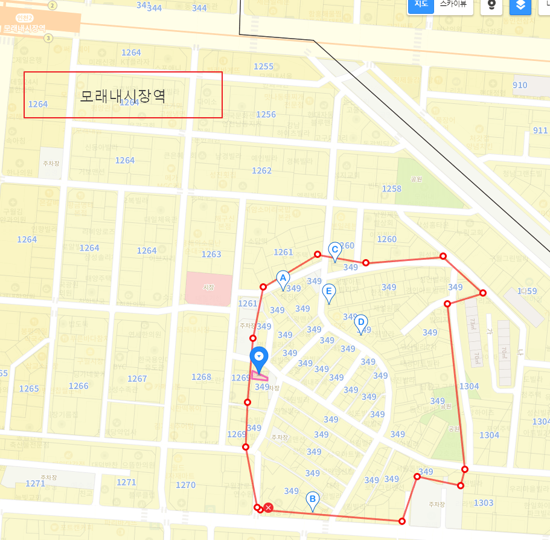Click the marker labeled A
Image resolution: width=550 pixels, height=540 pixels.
coord(282,278)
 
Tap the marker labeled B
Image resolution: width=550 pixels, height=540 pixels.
coord(312,500)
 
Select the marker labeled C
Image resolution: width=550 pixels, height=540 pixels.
coord(334,249)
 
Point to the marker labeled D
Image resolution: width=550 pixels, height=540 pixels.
coord(360,321)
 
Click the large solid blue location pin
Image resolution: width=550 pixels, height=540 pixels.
coord(259,358)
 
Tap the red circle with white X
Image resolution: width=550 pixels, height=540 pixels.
coord(269,508)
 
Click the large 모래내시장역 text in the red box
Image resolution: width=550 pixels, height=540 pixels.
coord(123,95)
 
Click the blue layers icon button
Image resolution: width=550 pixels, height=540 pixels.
coord(520,5)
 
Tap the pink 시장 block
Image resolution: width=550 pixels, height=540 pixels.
coord(209,289)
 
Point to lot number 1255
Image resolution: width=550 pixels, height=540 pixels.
coord(263,66)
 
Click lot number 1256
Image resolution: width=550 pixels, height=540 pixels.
coord(266,115)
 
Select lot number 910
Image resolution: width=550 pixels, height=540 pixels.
coord(520,85)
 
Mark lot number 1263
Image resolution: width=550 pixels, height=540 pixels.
coord(211,254)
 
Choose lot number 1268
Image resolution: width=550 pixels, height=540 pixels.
coord(202,377)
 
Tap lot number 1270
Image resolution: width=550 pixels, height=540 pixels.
coord(185,485)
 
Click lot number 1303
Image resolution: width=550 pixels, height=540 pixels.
coord(484,503)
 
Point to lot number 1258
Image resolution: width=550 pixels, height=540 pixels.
coord(392,189)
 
